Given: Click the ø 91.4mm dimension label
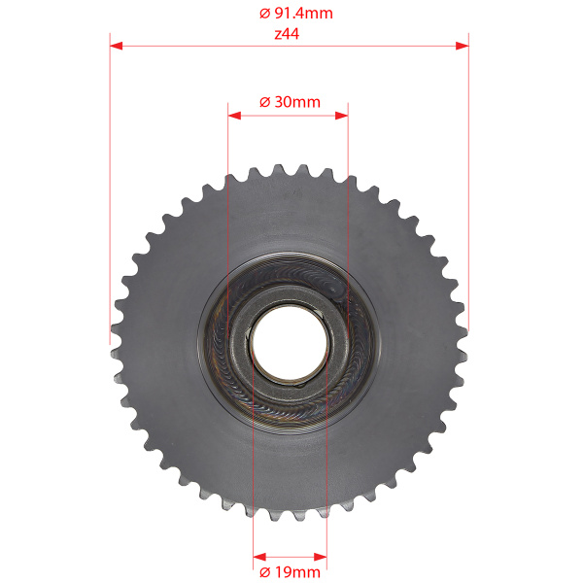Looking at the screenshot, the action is [x=296, y=14].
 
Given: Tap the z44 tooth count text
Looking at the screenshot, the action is [x=287, y=34].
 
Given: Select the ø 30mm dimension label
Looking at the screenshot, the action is [x=290, y=102].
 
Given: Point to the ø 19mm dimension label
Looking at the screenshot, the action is [x=290, y=572].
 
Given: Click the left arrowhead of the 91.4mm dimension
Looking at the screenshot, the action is [x=116, y=46].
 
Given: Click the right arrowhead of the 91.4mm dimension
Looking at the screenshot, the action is [x=463, y=46].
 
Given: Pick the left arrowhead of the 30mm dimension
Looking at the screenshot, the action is [x=234, y=116].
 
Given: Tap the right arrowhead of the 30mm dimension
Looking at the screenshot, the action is [x=341, y=116].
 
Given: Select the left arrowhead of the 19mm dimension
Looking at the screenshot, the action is [x=259, y=557].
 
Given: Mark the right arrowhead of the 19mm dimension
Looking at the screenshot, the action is [x=321, y=557].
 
